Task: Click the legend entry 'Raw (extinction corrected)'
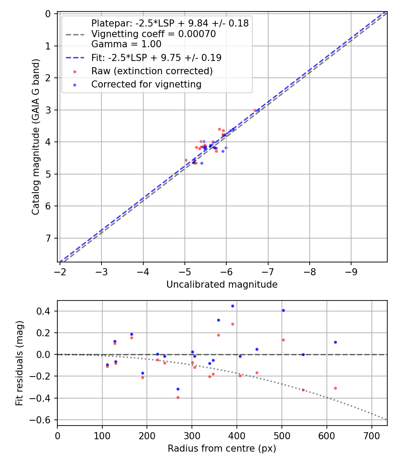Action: (152, 71)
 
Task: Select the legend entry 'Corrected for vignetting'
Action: (146, 84)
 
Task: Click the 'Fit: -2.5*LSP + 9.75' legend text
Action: (156, 58)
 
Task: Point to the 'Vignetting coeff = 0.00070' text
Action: (154, 34)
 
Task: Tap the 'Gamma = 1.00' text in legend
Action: (126, 44)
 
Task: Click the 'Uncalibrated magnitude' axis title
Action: (222, 285)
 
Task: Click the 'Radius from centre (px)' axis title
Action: (222, 449)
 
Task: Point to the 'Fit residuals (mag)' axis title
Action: (19, 363)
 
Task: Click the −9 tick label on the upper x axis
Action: (351, 270)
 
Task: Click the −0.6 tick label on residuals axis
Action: (43, 420)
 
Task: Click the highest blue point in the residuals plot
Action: (232, 306)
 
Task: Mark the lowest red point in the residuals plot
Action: (178, 397)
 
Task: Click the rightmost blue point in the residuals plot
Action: (335, 342)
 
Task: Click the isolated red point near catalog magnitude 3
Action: (255, 110)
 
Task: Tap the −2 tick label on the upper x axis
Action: (60, 270)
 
